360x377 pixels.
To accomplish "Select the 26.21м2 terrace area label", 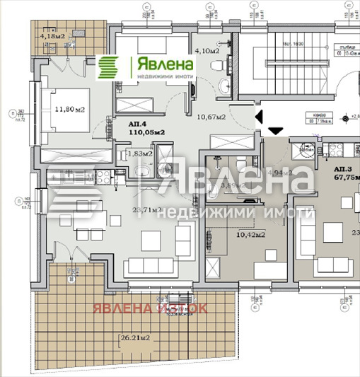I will [134, 340].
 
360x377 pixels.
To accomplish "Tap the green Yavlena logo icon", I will [110, 69].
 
